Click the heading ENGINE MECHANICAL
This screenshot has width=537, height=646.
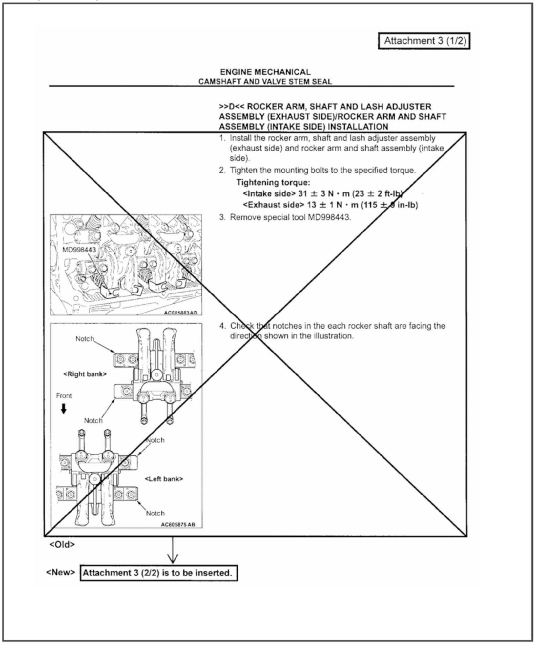[x=265, y=72]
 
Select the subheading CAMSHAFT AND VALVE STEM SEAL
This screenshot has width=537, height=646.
[x=265, y=82]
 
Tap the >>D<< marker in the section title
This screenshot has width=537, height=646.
[x=231, y=107]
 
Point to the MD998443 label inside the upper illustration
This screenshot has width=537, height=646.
[x=79, y=250]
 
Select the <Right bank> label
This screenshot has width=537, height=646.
[x=85, y=374]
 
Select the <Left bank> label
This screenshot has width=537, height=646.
[x=164, y=479]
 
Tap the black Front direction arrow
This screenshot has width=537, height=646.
[x=64, y=409]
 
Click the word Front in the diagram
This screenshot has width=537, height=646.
[x=64, y=396]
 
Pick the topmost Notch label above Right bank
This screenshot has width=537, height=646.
[x=85, y=339]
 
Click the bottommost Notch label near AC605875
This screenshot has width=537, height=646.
[x=155, y=514]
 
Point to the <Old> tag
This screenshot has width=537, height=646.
[x=62, y=545]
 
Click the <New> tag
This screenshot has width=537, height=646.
[x=61, y=573]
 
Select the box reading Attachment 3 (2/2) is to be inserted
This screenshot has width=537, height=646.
[x=158, y=573]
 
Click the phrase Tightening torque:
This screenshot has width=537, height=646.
[x=273, y=182]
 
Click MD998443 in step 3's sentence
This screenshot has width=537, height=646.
[x=329, y=217]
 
